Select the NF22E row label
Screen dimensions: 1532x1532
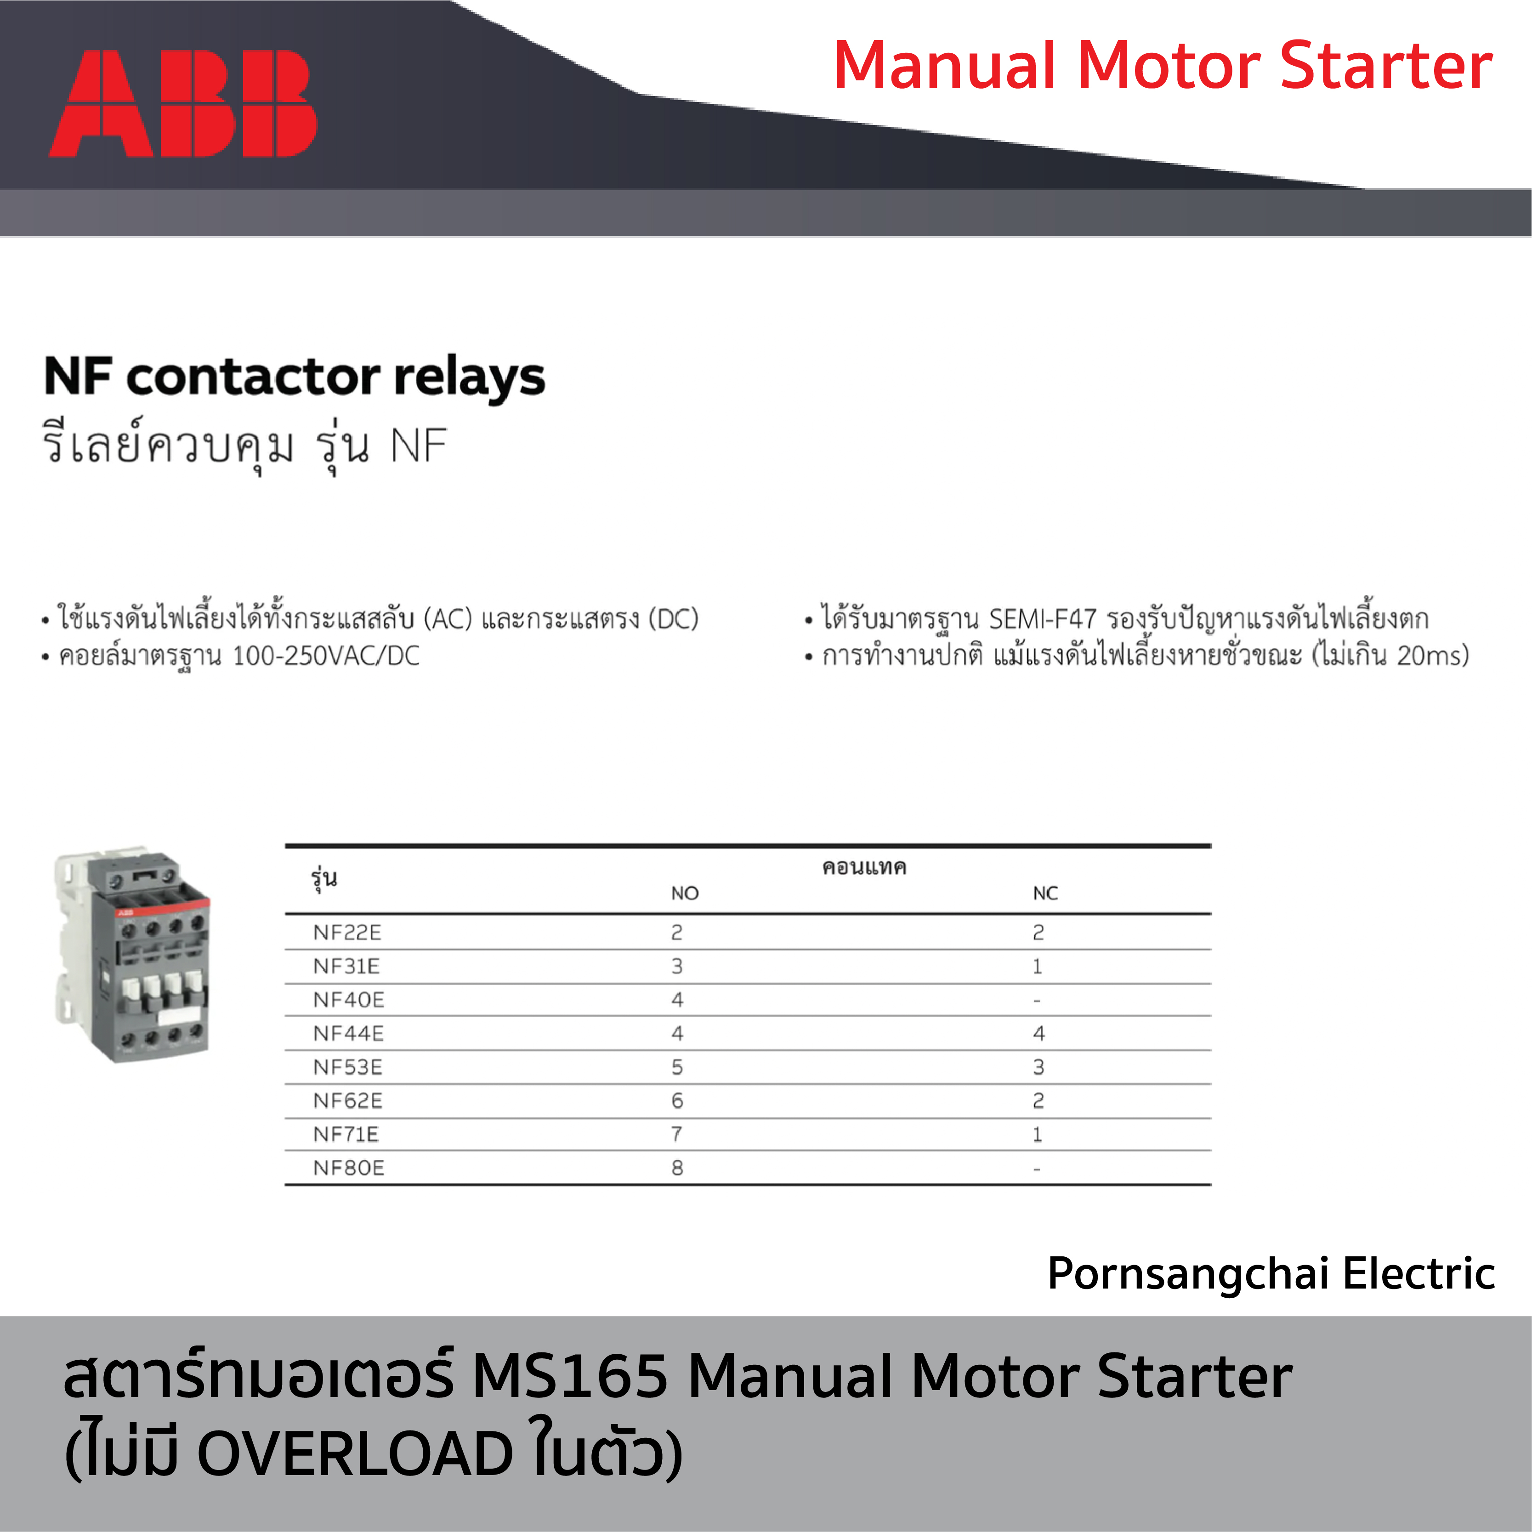pos(347,933)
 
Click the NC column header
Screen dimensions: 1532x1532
pos(1045,893)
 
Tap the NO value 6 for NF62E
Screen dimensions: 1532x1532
pos(677,1101)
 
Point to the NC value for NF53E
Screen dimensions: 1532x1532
pos(1038,1067)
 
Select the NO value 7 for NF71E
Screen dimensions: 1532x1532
pos(677,1135)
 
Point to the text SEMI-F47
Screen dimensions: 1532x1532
pos(1043,619)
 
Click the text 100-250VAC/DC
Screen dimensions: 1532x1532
pos(326,656)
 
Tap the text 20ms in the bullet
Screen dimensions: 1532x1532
pos(1429,656)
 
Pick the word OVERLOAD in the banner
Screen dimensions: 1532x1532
pos(355,1454)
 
